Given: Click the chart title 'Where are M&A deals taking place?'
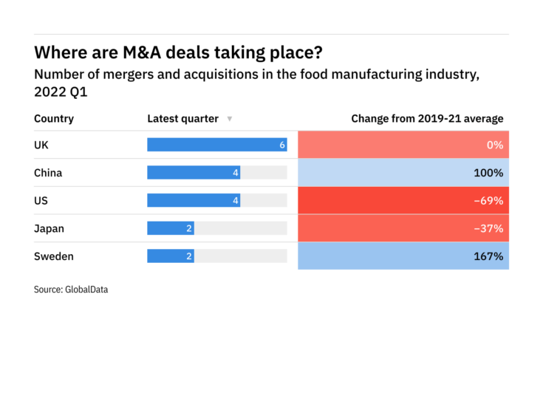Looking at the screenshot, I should pyautogui.click(x=178, y=53).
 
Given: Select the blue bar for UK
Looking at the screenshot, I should pyautogui.click(x=216, y=145).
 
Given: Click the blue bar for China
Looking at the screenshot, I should pyautogui.click(x=194, y=173).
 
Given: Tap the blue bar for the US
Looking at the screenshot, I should pyautogui.click(x=194, y=200).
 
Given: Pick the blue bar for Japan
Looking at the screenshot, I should pyautogui.click(x=170, y=228).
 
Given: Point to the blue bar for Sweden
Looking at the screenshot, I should pyautogui.click(x=170, y=256).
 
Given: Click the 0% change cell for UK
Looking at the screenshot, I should pyautogui.click(x=403, y=145).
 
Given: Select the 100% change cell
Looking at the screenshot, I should pyautogui.click(x=403, y=173).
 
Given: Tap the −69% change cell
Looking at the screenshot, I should pyautogui.click(x=403, y=200).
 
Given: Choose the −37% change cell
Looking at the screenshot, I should pyautogui.click(x=403, y=228).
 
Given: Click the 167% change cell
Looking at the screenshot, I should pyautogui.click(x=403, y=256).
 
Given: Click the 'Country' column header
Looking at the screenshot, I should pyautogui.click(x=54, y=118).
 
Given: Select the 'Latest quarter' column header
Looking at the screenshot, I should pyautogui.click(x=182, y=118).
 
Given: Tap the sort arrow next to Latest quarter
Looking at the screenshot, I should pyautogui.click(x=230, y=119).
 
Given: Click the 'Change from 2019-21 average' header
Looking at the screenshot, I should pyautogui.click(x=427, y=118).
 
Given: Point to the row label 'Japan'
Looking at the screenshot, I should pyautogui.click(x=49, y=228).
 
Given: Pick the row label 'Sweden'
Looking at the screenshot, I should pyautogui.click(x=54, y=256).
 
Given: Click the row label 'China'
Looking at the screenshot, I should pyautogui.click(x=48, y=173).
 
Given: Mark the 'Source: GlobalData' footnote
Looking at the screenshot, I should pyautogui.click(x=71, y=290).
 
